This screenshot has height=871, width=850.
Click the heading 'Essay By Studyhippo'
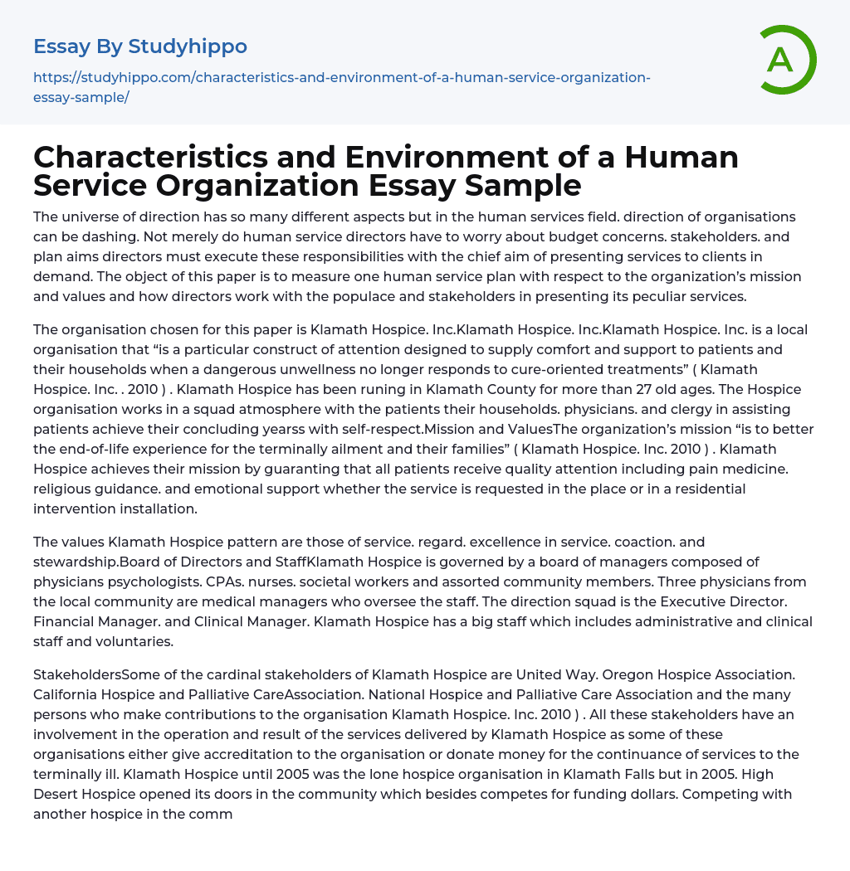(x=140, y=46)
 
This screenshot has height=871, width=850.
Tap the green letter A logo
(x=780, y=60)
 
